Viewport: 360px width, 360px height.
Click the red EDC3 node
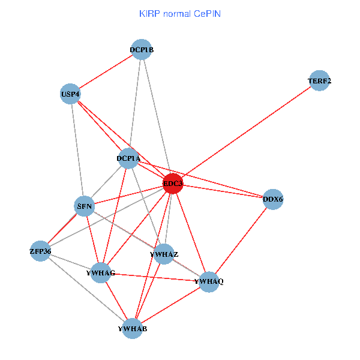click(x=173, y=184)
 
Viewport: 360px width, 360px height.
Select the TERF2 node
click(x=320, y=81)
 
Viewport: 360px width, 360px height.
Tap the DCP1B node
click(x=141, y=50)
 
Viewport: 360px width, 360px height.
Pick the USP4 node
click(x=70, y=94)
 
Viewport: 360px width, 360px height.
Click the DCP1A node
click(x=128, y=158)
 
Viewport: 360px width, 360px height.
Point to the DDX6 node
click(x=273, y=199)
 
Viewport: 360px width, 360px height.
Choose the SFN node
click(x=85, y=206)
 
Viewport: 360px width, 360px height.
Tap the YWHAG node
click(x=100, y=272)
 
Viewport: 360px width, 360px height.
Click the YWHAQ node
click(x=208, y=281)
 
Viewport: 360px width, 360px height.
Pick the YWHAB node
click(x=132, y=328)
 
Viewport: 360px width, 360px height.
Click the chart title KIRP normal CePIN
click(x=180, y=13)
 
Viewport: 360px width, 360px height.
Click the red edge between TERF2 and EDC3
click(x=246, y=133)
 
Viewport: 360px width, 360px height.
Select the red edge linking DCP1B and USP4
click(x=106, y=72)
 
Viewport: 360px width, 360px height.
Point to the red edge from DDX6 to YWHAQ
click(x=241, y=240)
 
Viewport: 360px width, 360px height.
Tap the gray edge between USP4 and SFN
click(x=77, y=150)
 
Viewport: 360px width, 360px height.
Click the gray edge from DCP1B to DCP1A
click(x=135, y=102)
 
